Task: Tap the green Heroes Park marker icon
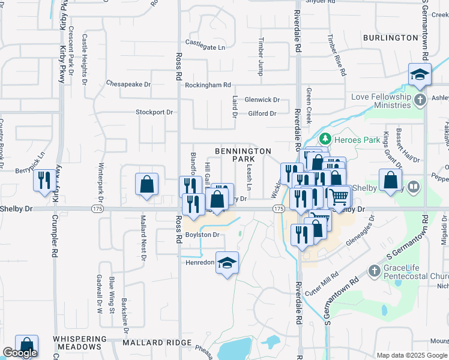(x=325, y=140)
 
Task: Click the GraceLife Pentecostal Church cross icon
(x=375, y=271)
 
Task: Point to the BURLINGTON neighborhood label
(x=390, y=38)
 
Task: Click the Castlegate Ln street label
(x=205, y=46)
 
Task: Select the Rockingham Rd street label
(x=208, y=85)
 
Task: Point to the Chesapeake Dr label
(x=128, y=84)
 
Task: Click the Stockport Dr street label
(x=154, y=112)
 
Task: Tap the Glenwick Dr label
(x=262, y=100)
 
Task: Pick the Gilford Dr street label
(x=262, y=113)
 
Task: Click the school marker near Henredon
(x=227, y=263)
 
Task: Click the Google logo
(x=20, y=353)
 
